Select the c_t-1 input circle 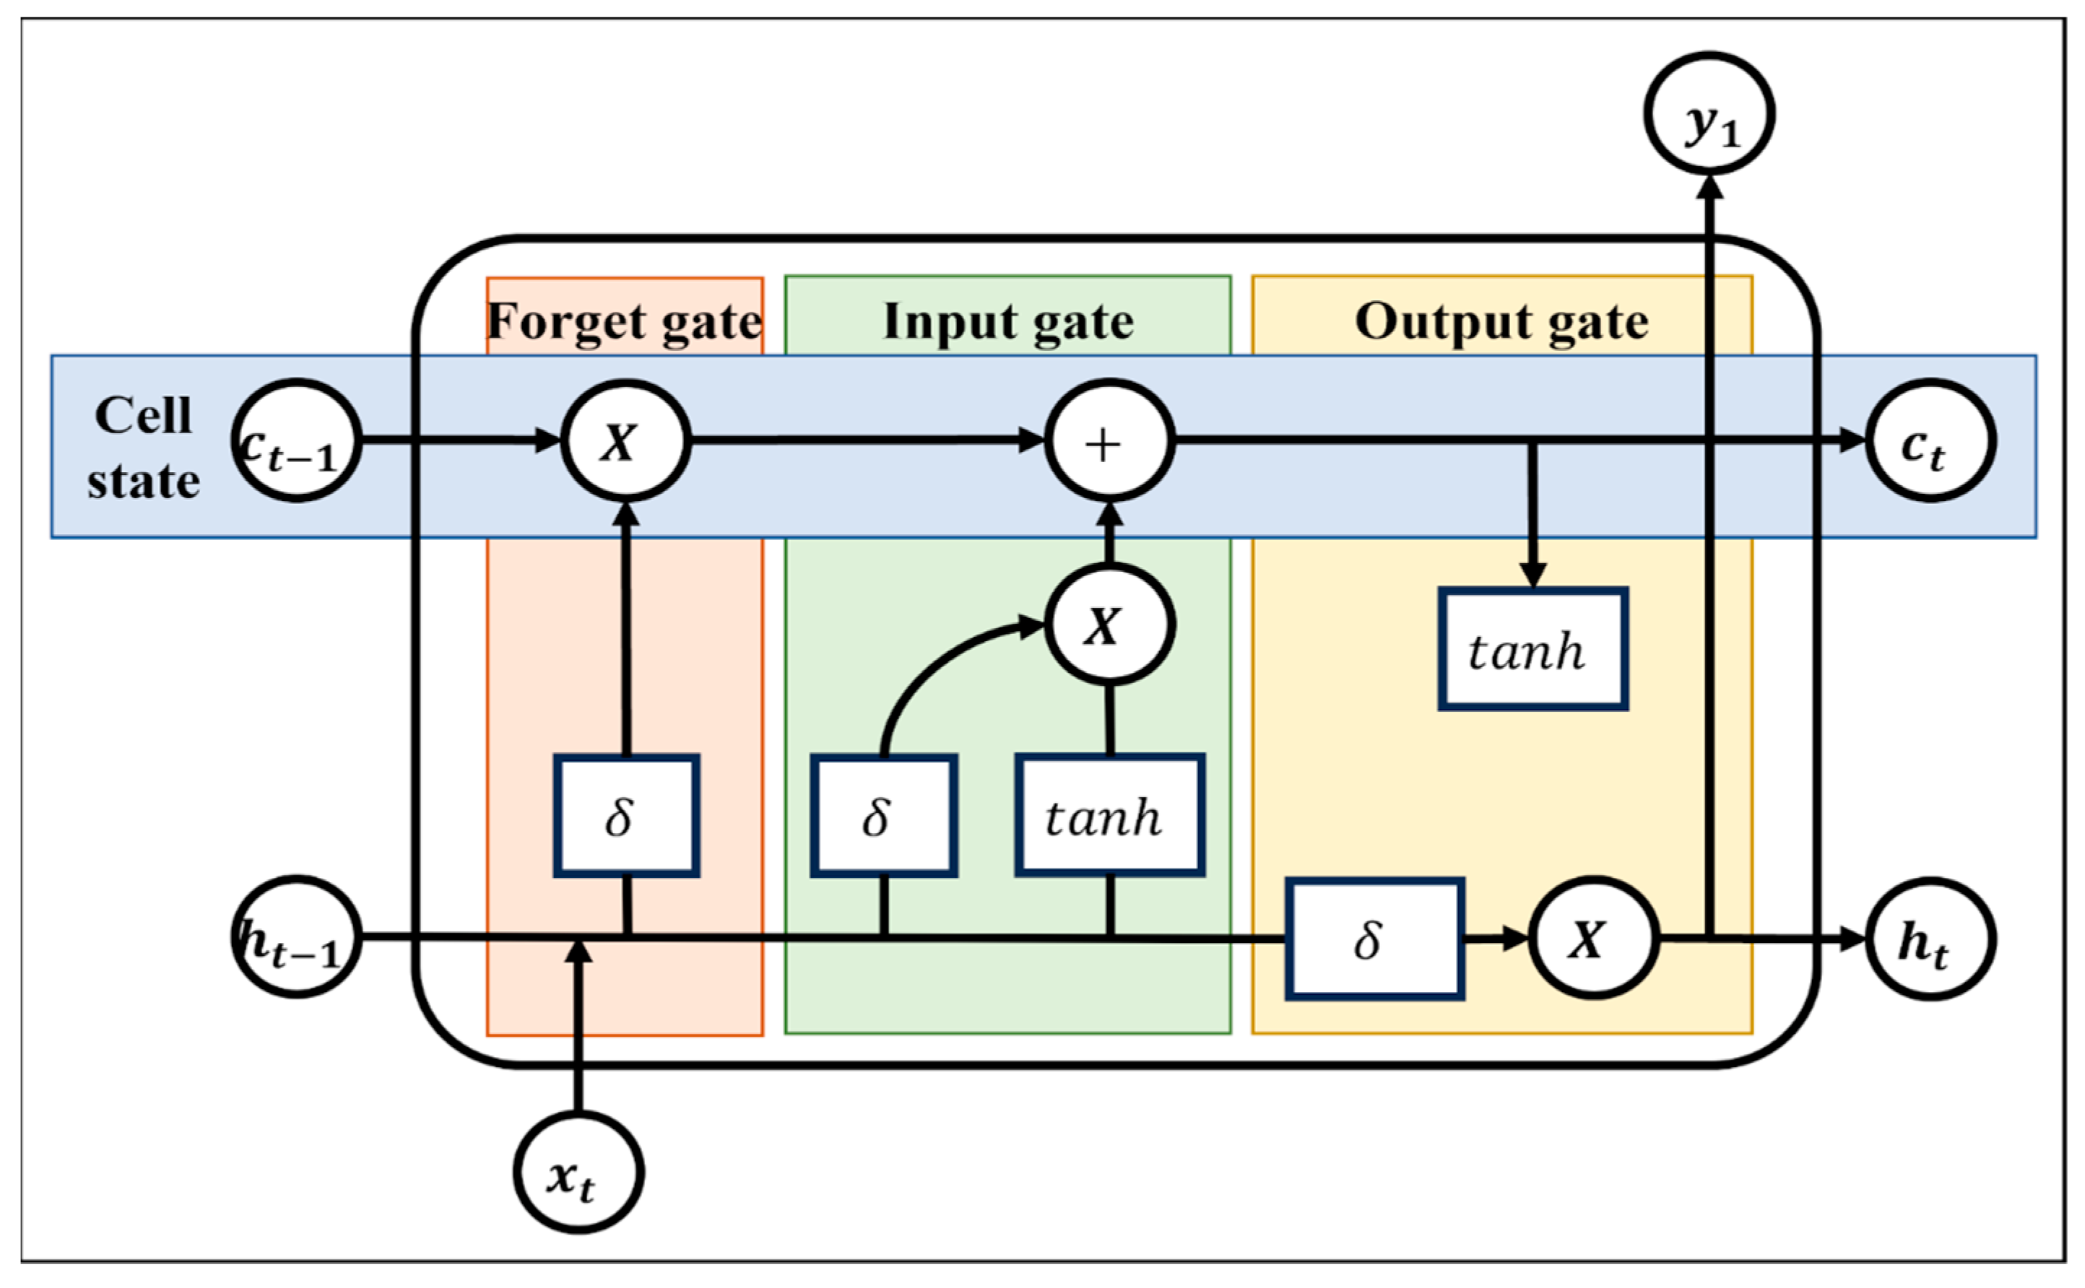click(297, 440)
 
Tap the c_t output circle click(1930, 440)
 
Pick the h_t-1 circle click(297, 937)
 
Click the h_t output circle click(1930, 939)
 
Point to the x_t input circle click(578, 1172)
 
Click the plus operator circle click(1109, 440)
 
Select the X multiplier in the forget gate click(625, 440)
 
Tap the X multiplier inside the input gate click(1109, 625)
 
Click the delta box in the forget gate click(626, 815)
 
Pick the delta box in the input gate click(883, 815)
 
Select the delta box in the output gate click(1374, 939)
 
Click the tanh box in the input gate click(1109, 815)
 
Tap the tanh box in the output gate click(1533, 649)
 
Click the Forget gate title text click(625, 322)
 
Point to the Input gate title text click(1008, 322)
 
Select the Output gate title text click(1501, 322)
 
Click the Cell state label click(143, 448)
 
